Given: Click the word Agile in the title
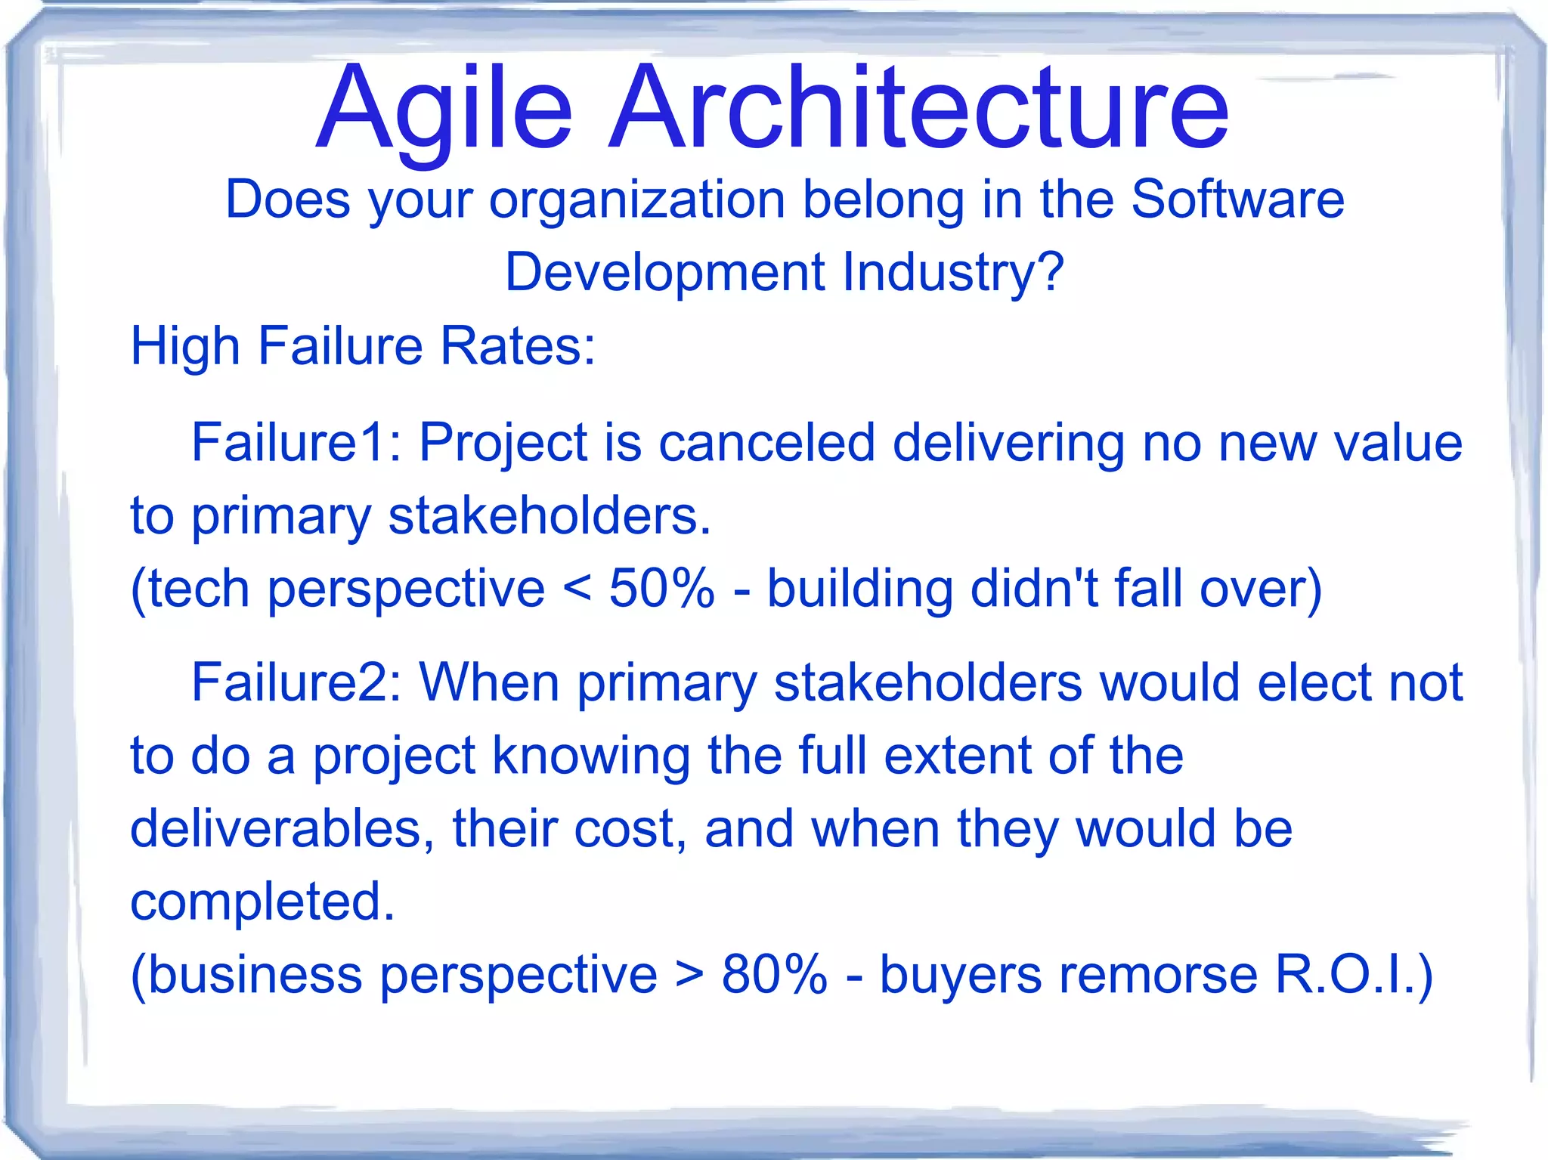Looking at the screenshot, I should (444, 110).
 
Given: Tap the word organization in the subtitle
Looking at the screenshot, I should (637, 200).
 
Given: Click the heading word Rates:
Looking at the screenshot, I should (518, 346).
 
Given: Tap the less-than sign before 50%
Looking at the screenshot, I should (577, 589).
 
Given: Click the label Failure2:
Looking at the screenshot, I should (296, 682).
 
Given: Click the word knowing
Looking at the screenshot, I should (591, 756).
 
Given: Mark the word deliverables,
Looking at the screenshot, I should (283, 829).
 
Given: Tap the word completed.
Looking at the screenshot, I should (262, 902).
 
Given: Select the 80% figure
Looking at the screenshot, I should (774, 974).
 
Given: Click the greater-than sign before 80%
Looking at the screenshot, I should (689, 976).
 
